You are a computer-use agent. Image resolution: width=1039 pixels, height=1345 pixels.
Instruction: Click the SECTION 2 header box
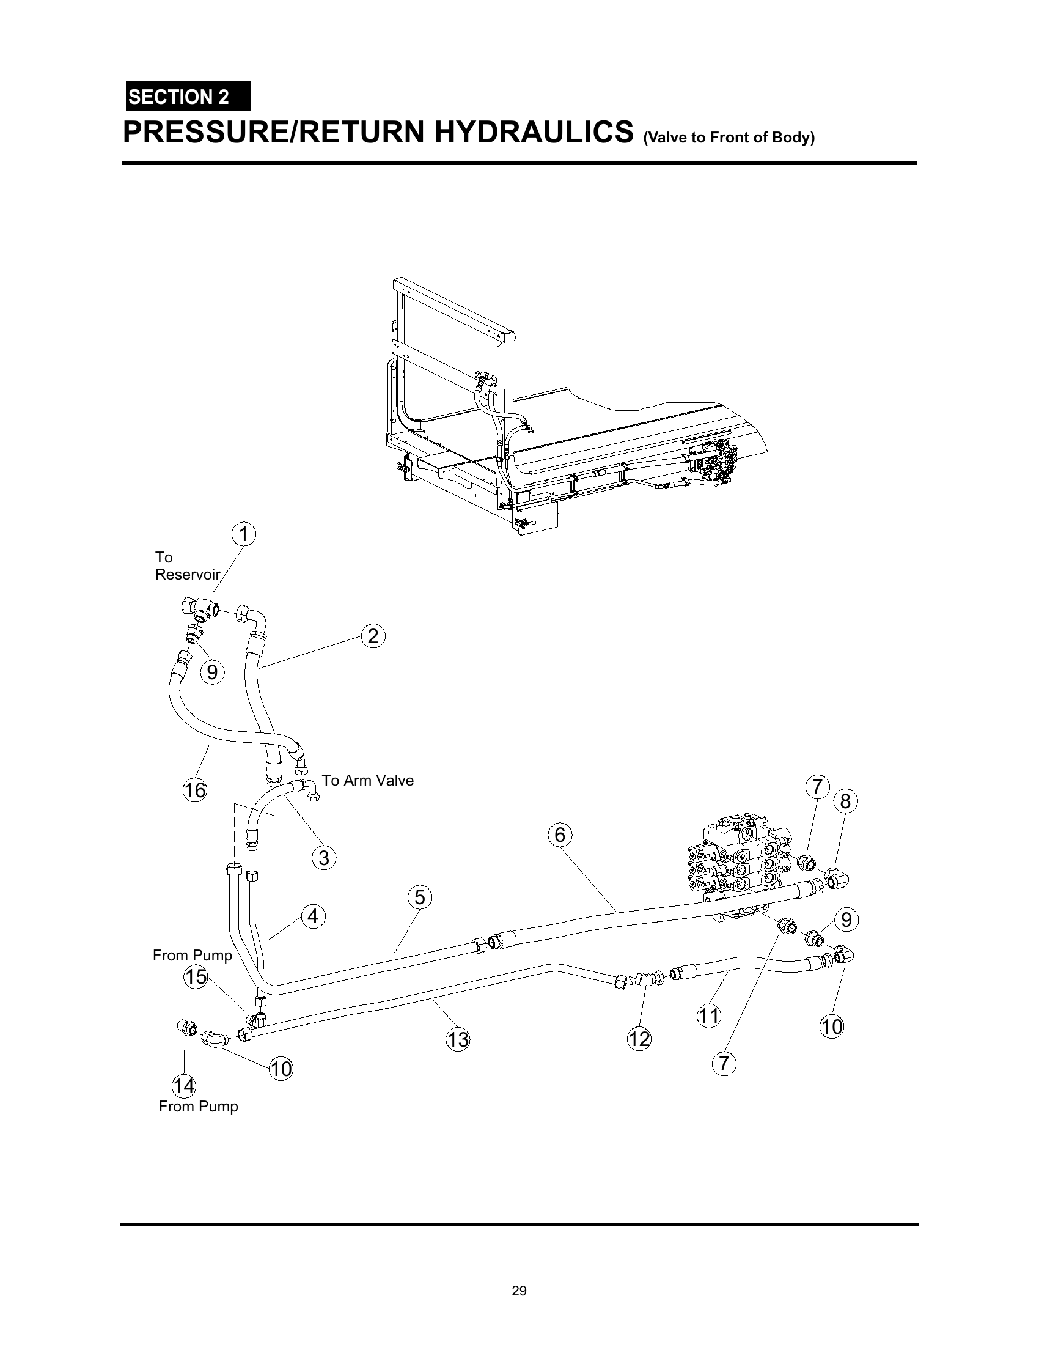(188, 96)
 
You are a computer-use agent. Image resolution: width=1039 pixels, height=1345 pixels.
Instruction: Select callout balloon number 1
(244, 534)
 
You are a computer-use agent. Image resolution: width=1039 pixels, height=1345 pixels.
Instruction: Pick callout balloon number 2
(373, 636)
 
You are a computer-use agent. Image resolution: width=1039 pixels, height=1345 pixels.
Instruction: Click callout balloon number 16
(195, 789)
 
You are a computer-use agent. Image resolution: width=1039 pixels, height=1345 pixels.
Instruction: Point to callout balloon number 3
(324, 857)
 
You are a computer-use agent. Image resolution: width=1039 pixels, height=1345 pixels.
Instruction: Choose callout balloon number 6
(559, 835)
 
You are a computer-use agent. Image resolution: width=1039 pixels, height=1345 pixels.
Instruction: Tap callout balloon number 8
(845, 801)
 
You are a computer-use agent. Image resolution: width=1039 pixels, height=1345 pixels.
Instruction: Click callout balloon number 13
(458, 1039)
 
